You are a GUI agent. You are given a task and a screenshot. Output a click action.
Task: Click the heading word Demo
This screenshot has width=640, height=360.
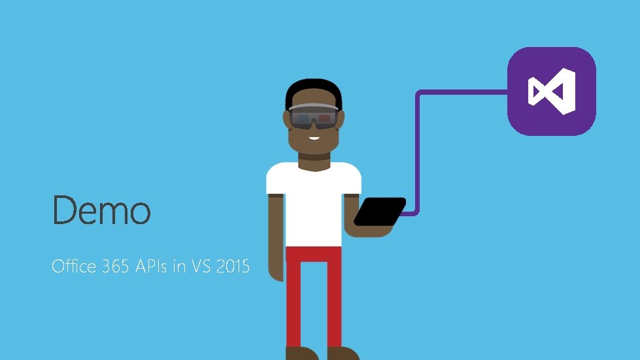tap(101, 210)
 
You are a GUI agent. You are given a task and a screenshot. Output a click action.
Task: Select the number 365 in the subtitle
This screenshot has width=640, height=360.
tap(116, 267)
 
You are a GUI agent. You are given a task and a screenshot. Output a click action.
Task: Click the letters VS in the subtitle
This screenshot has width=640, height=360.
tap(201, 267)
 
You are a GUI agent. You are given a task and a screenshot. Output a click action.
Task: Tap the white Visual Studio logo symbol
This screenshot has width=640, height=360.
tap(552, 91)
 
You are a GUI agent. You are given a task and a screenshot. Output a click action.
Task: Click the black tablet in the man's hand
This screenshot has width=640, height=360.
tap(379, 212)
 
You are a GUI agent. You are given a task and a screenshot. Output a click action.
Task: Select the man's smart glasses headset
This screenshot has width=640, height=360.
tap(314, 117)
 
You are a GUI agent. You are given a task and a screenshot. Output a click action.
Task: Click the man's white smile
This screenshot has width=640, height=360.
tap(314, 137)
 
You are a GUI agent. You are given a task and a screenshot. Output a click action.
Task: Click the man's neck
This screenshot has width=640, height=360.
tap(314, 157)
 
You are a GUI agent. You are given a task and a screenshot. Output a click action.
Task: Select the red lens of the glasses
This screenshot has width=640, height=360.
tap(324, 120)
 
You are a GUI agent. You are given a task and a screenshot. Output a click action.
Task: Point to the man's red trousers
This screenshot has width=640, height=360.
tap(313, 294)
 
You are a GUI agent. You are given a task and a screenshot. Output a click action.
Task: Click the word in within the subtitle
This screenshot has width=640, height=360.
tap(178, 267)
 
